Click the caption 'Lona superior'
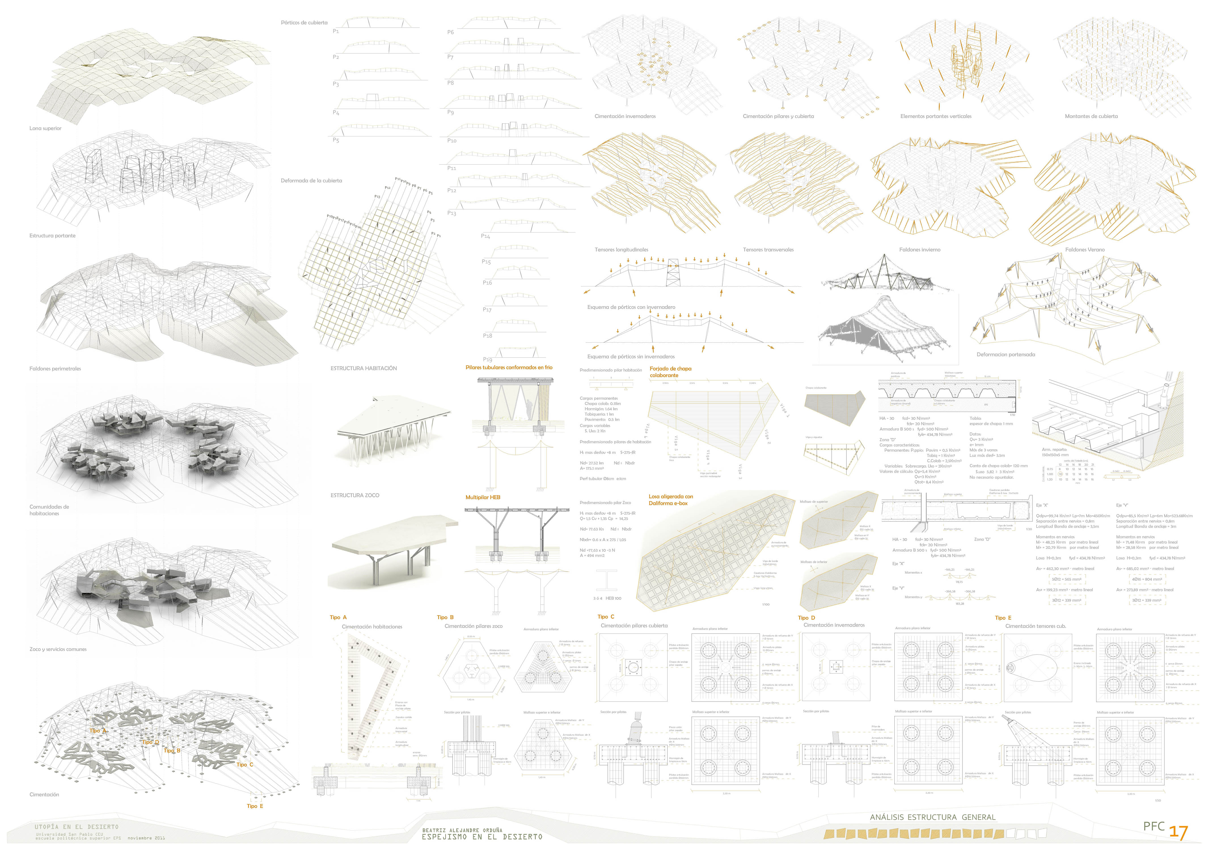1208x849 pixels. (x=45, y=128)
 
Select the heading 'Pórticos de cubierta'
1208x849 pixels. (x=304, y=23)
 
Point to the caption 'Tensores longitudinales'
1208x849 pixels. (x=621, y=250)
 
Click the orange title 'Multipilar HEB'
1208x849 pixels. (x=482, y=497)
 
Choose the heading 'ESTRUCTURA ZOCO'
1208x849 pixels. (x=355, y=495)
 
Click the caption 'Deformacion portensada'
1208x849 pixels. (x=1006, y=354)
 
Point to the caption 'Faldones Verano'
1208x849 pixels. (x=1085, y=250)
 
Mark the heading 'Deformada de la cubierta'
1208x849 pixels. (x=311, y=180)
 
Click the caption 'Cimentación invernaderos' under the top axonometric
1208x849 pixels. (x=625, y=116)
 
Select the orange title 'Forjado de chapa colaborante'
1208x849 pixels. (x=670, y=372)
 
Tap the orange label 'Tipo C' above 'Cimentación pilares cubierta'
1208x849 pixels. (x=606, y=616)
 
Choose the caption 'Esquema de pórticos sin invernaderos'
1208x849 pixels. (x=631, y=357)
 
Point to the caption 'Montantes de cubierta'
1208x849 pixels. (x=1091, y=116)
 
